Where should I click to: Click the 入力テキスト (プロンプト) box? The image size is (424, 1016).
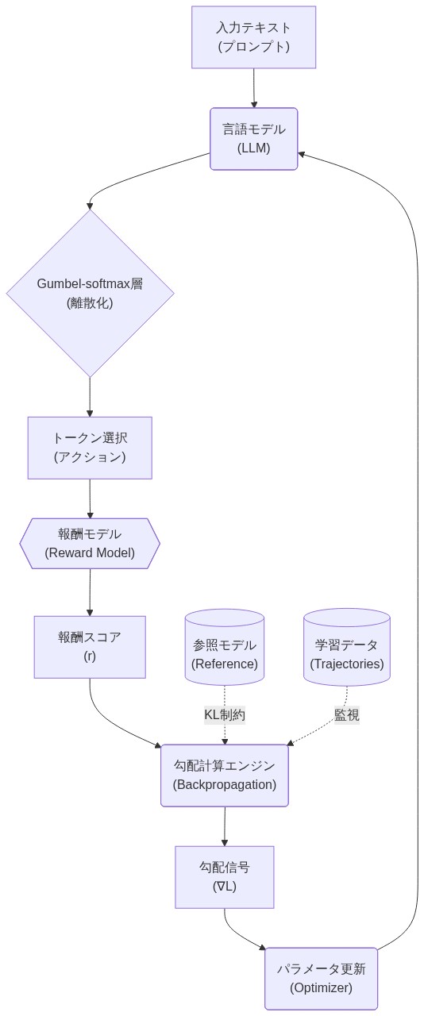coord(253,37)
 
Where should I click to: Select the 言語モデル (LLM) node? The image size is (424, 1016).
coord(253,139)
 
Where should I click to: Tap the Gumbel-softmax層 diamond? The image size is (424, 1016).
coord(90,292)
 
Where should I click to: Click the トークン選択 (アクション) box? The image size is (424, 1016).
coord(90,448)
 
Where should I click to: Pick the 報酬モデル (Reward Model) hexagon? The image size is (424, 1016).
coord(90,544)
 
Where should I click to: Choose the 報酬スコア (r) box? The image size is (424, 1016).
coord(90,647)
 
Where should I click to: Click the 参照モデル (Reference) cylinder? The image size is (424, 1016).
coord(225,648)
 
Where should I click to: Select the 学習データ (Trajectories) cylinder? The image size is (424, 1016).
coord(347,648)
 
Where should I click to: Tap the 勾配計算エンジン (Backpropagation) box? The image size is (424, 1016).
coord(225,775)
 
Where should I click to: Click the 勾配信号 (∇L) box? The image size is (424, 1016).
coord(225,877)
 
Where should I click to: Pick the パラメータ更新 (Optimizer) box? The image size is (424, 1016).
coord(321,979)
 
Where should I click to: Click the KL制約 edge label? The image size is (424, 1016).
coord(225,714)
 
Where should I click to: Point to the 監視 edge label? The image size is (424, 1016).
coord(347,714)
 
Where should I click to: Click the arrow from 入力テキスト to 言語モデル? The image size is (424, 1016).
coord(254,87)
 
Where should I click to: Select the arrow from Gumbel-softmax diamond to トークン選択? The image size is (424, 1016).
coord(90,397)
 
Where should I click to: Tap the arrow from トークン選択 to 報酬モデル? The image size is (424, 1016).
coord(90,499)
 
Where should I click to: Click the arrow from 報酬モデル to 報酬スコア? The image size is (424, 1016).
coord(90,592)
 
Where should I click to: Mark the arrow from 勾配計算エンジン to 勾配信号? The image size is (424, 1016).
coord(225,826)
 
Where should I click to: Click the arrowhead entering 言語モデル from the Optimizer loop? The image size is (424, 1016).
coord(303,154)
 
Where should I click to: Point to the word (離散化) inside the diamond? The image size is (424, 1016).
coord(90,302)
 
